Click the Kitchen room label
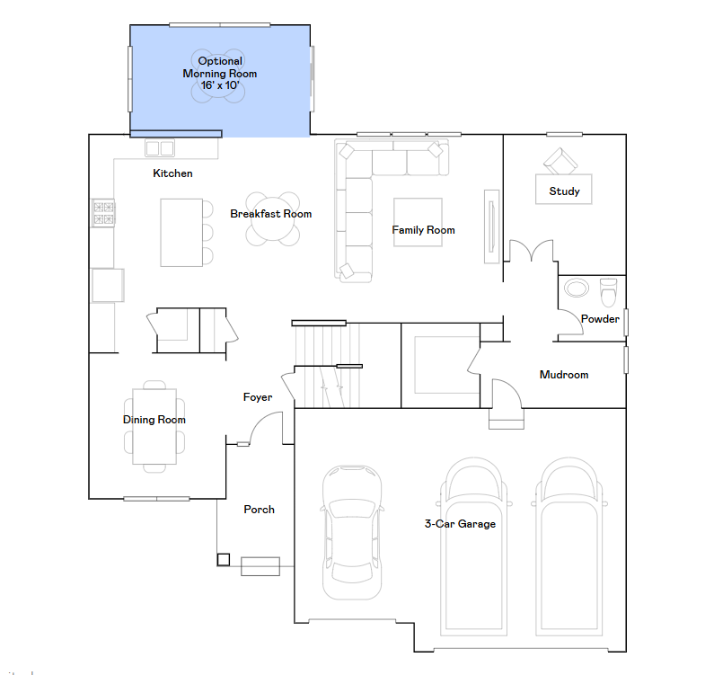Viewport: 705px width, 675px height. coord(172,173)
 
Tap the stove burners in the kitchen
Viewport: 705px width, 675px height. coord(103,213)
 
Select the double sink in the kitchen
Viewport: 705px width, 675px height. coord(160,148)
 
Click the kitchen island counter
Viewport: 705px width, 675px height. coord(181,232)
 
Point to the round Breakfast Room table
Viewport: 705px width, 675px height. coord(272,218)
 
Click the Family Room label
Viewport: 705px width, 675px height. coord(423,230)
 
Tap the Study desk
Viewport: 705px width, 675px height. coord(563,189)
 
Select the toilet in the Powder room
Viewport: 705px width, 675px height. coord(609,292)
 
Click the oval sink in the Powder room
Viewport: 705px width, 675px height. coord(577,288)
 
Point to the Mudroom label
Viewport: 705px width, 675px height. coord(564,375)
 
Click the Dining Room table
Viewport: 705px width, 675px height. coord(154,426)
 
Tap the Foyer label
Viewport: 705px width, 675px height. coord(258,397)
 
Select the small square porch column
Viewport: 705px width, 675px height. coord(224,559)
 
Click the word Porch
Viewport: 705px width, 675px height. coord(259,510)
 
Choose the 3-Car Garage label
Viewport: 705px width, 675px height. coord(460,524)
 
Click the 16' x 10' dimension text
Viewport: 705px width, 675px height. coord(220,85)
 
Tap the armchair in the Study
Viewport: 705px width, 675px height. coord(560,161)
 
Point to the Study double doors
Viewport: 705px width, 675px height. coord(531,250)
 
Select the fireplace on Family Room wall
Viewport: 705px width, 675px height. coord(491,226)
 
